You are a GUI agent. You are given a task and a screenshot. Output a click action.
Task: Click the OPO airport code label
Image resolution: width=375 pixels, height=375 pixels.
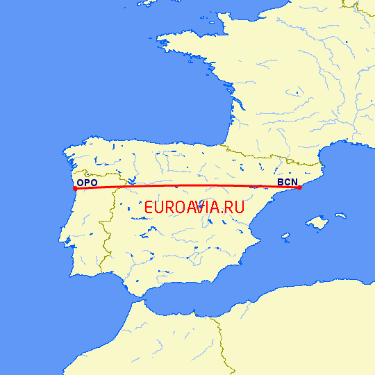click(x=87, y=183)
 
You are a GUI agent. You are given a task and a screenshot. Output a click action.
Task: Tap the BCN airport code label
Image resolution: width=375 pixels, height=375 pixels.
click(x=287, y=183)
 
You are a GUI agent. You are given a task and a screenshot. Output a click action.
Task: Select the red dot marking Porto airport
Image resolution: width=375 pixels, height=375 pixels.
click(x=75, y=188)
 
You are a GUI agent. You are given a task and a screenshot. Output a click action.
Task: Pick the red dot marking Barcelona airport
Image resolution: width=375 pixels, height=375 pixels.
click(x=299, y=187)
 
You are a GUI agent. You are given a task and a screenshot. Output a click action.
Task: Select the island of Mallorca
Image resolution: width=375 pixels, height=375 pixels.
click(x=317, y=223)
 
